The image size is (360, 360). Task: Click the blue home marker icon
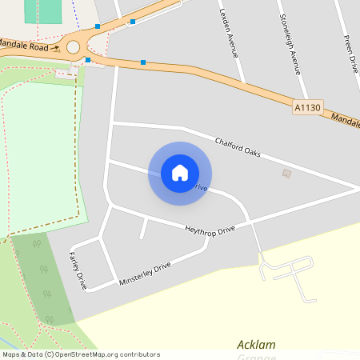pyautogui.click(x=180, y=172)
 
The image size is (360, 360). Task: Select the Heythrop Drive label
pyautogui.click(x=210, y=230)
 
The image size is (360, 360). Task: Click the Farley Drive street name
pyautogui.click(x=78, y=269)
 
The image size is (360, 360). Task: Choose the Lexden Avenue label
pyautogui.click(x=229, y=35)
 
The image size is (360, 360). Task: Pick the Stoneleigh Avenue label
pyautogui.click(x=290, y=43)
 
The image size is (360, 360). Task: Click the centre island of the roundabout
pyautogui.click(x=73, y=47)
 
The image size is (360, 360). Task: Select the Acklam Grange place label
pyautogui.click(x=256, y=345)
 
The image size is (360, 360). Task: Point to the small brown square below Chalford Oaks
pyautogui.click(x=287, y=173)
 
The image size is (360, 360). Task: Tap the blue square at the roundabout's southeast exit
pyautogui.click(x=88, y=59)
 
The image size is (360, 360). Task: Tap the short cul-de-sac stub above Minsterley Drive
pyautogui.click(x=144, y=227)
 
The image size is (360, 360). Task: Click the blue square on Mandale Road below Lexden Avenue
pyautogui.click(x=143, y=62)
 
